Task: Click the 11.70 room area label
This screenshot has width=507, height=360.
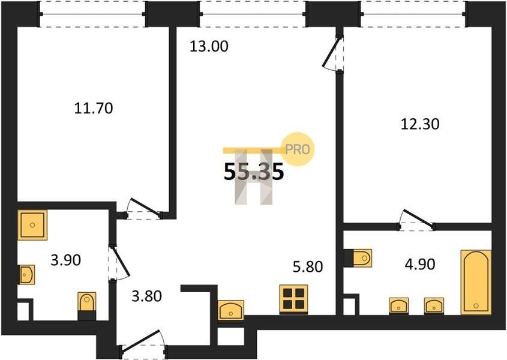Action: [94, 108]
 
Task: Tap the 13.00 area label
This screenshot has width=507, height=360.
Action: [209, 46]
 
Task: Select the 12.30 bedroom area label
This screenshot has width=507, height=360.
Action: [420, 124]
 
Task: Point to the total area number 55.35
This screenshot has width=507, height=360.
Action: [254, 171]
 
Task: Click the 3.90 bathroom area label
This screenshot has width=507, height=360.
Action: [66, 260]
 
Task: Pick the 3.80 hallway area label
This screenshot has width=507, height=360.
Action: [147, 296]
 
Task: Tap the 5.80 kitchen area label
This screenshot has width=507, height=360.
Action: [308, 267]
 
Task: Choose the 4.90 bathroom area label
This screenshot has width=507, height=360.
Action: [420, 264]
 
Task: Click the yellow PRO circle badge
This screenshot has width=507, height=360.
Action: [298, 149]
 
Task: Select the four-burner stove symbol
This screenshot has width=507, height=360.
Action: [293, 299]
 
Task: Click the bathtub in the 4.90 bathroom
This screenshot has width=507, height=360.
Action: [476, 282]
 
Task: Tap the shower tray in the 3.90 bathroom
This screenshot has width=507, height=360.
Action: [32, 225]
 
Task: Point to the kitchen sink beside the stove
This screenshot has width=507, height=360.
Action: [231, 310]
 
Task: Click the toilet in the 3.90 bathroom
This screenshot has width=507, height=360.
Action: [87, 306]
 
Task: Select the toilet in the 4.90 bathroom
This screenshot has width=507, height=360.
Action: [358, 258]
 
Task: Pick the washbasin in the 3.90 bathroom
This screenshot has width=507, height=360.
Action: [26, 275]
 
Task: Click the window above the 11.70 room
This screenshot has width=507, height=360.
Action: [92, 14]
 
